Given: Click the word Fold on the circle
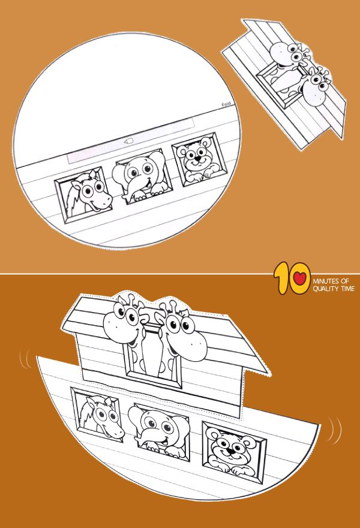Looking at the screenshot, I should [227, 103].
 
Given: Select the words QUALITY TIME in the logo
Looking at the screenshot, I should [334, 289].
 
